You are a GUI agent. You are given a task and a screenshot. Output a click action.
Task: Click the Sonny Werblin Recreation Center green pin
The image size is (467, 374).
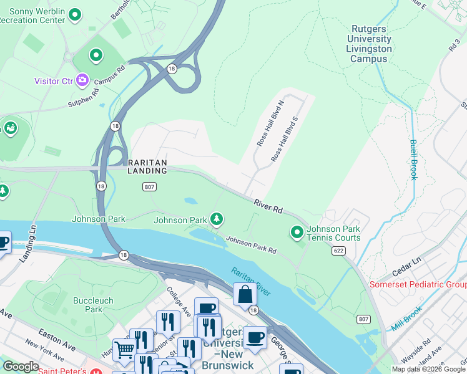[75, 14]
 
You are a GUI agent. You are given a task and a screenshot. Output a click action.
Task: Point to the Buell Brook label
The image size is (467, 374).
[413, 159]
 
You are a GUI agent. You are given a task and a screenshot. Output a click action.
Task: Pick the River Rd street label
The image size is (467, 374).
[268, 205]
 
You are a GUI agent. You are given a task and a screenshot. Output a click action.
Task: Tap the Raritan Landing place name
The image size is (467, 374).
[147, 166]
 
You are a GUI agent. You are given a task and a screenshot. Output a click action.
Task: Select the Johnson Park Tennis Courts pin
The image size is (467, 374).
[297, 233]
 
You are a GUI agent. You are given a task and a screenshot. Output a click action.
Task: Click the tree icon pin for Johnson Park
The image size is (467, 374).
[216, 219]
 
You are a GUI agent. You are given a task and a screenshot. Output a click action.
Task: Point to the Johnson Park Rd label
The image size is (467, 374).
[251, 244]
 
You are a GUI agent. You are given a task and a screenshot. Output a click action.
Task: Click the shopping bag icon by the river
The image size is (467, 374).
[245, 294]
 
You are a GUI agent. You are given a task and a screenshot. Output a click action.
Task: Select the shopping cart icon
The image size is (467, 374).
[124, 350]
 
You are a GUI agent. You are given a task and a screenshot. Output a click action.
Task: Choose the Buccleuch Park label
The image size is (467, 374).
[94, 305]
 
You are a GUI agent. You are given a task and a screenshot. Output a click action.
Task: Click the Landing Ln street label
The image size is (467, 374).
[28, 242]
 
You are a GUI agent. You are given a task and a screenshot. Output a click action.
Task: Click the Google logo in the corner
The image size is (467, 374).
[21, 367]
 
